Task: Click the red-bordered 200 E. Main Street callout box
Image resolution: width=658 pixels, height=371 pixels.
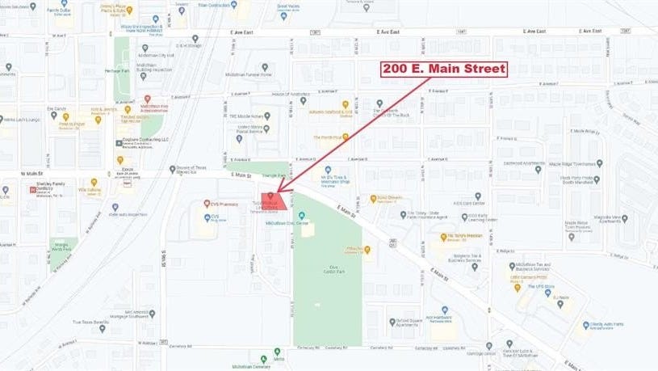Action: [444, 69]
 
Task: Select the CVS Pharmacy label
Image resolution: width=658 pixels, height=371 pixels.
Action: [223, 203]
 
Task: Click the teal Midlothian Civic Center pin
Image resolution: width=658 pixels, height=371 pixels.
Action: [301, 216]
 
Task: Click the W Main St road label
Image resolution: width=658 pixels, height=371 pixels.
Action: [31, 173]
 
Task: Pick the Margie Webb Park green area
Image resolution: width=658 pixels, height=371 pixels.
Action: [61, 244]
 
